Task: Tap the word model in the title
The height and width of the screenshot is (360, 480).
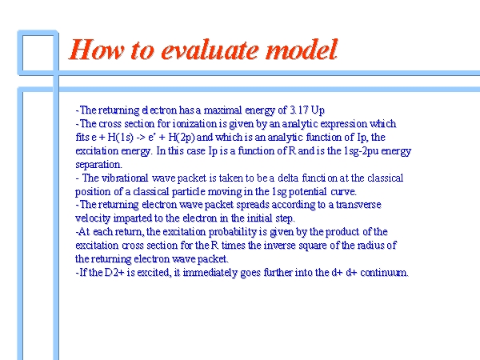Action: (x=302, y=50)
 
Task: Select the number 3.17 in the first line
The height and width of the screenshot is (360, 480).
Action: (x=298, y=110)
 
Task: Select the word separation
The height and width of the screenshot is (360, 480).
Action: (x=98, y=164)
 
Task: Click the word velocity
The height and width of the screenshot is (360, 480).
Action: (x=93, y=218)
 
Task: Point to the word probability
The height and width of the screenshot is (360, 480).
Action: (x=232, y=232)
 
